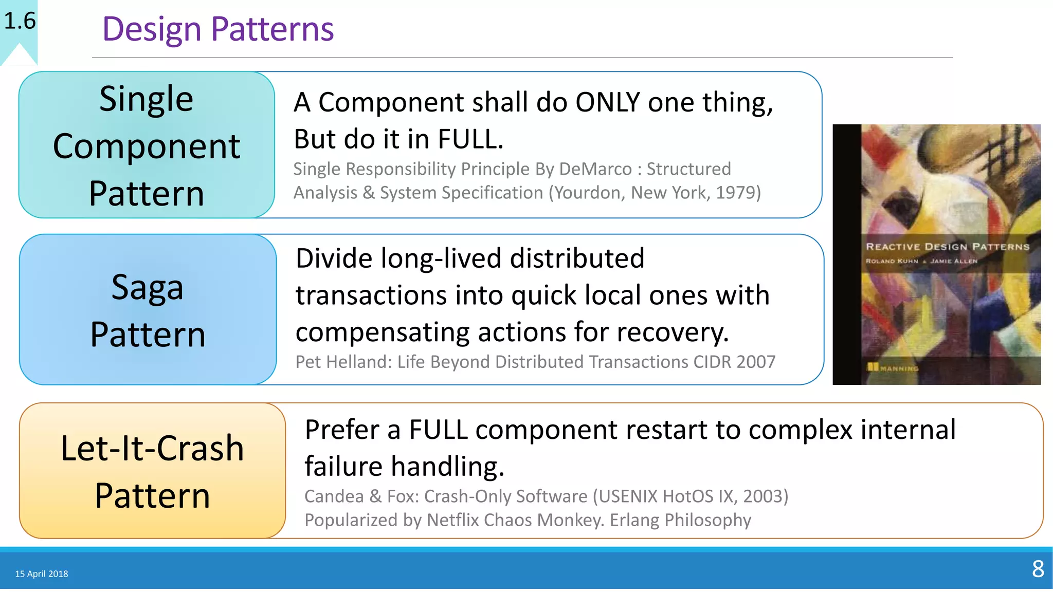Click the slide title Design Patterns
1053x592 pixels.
(218, 29)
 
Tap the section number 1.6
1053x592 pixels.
(20, 21)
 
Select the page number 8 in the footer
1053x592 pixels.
(1038, 569)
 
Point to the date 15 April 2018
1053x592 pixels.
(42, 574)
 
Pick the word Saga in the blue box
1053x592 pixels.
(148, 288)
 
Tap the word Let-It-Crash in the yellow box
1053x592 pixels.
(152, 449)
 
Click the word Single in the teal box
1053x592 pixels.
(147, 99)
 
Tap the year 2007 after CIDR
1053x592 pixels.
(755, 362)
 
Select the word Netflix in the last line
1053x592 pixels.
(452, 520)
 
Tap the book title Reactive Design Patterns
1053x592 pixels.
(948, 247)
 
